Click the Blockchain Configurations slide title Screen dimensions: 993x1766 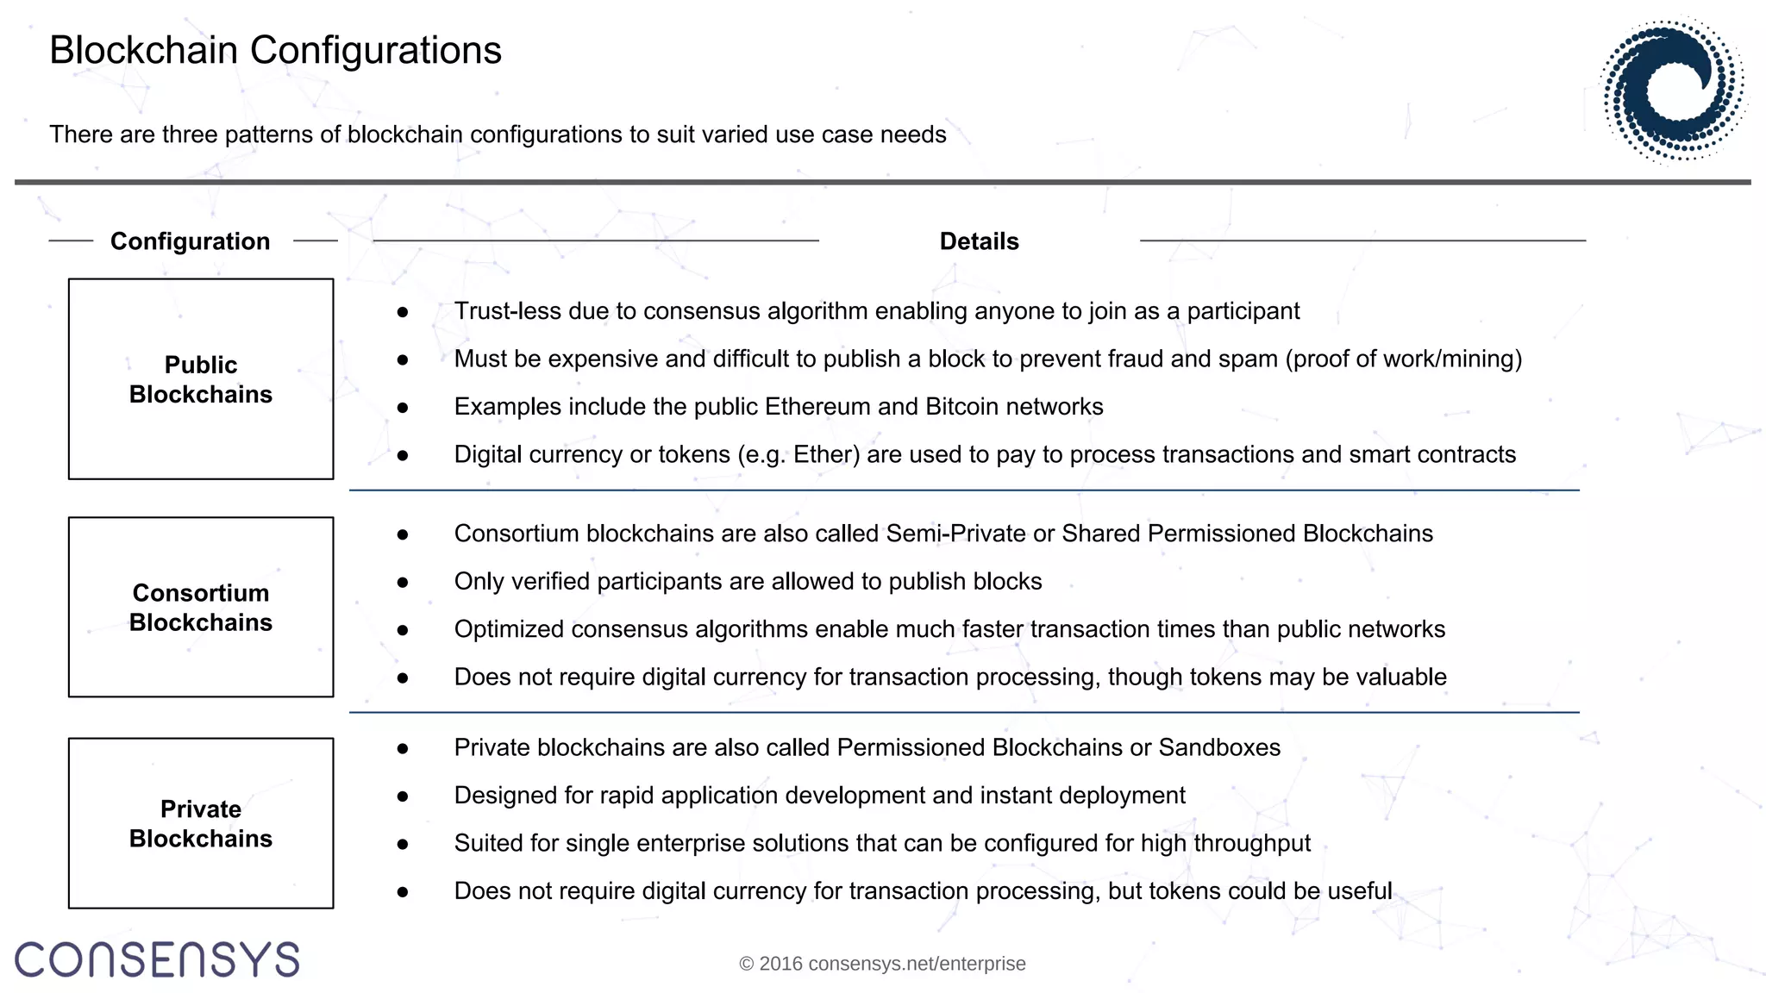(275, 50)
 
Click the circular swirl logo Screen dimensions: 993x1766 (1674, 90)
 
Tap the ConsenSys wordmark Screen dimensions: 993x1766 (157, 959)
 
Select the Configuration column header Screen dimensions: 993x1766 (190, 241)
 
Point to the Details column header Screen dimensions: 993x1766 (979, 241)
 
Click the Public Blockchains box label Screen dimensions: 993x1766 (201, 379)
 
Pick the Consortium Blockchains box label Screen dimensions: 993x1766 (201, 608)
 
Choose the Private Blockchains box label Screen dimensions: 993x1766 (201, 824)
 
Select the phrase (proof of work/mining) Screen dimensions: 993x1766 (1403, 359)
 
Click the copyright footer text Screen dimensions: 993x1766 (882, 964)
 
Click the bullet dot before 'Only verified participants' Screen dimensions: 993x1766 (403, 583)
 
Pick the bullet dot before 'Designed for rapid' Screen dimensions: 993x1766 (403, 796)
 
